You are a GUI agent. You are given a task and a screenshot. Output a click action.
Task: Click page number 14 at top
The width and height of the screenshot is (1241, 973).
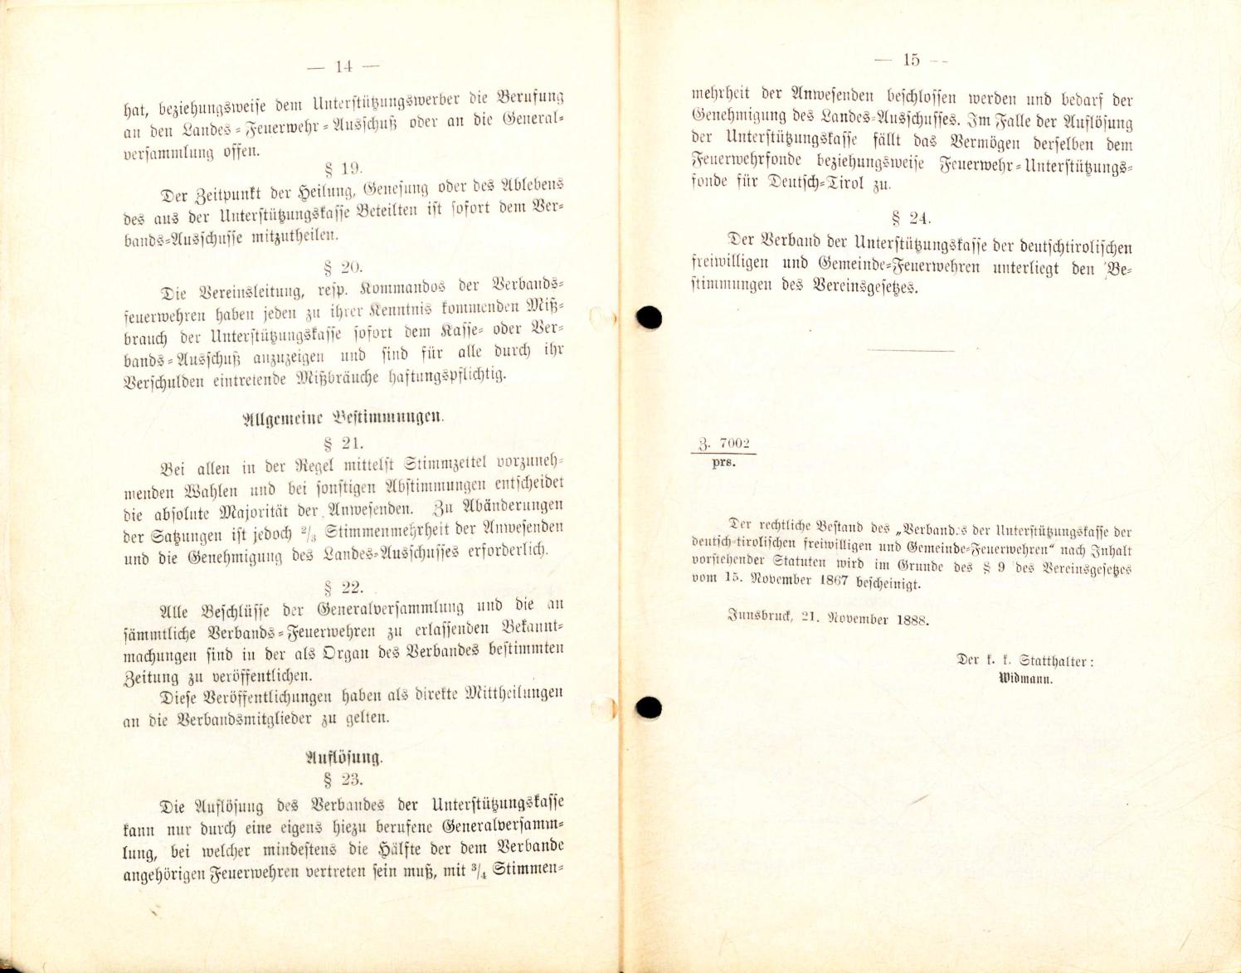click(343, 66)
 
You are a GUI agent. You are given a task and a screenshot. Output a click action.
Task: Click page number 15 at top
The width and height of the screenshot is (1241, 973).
click(912, 60)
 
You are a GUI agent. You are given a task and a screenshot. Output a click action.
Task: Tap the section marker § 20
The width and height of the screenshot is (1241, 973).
click(343, 267)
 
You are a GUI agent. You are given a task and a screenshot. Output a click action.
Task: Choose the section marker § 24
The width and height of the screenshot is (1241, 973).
click(910, 218)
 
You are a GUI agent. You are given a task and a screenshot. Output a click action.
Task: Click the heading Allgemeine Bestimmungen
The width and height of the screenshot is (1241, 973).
click(342, 418)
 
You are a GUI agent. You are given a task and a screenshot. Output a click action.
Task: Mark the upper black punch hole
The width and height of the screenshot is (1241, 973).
click(650, 317)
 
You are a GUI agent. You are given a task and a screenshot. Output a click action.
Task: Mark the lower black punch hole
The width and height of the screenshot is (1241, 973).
click(650, 707)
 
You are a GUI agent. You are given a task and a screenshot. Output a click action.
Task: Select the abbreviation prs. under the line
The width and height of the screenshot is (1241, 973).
click(723, 463)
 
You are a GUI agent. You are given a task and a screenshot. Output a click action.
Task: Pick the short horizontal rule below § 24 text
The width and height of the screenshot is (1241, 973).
click(910, 349)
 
